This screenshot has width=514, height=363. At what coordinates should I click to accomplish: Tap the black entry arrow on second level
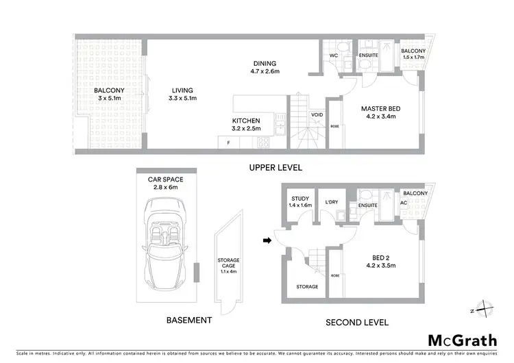[x=267, y=240]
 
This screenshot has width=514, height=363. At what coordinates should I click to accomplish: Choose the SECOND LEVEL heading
[x=357, y=322]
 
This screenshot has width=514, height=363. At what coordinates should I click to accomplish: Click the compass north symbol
[x=483, y=310]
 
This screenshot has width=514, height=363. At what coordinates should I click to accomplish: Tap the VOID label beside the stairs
[x=317, y=115]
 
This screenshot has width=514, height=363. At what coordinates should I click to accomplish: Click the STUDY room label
[x=300, y=198]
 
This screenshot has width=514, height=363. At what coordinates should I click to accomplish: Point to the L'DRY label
[x=332, y=201]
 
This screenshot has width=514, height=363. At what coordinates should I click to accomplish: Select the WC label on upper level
[x=333, y=54]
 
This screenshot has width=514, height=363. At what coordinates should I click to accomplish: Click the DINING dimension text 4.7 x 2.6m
[x=263, y=71]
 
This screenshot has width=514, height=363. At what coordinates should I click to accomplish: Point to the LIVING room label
[x=182, y=90]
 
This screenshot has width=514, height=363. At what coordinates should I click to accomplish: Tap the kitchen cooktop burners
[x=262, y=142]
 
